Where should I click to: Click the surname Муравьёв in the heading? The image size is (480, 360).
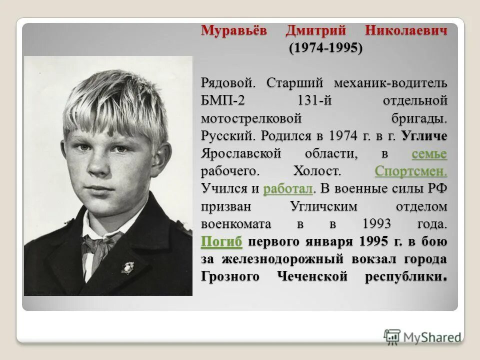pos(234,30)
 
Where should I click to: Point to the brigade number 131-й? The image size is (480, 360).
pos(314,100)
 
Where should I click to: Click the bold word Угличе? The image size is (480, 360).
pos(424,136)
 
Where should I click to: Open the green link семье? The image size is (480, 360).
pos(429,153)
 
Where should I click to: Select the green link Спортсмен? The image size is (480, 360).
pos(410,171)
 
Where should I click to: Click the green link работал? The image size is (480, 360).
pos(288,189)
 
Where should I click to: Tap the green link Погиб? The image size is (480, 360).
pos(221,242)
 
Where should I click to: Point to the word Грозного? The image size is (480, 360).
pos(230,277)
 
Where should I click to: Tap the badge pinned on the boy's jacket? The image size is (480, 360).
pos(127,267)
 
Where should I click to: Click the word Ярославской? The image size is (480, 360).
pos(242,153)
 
